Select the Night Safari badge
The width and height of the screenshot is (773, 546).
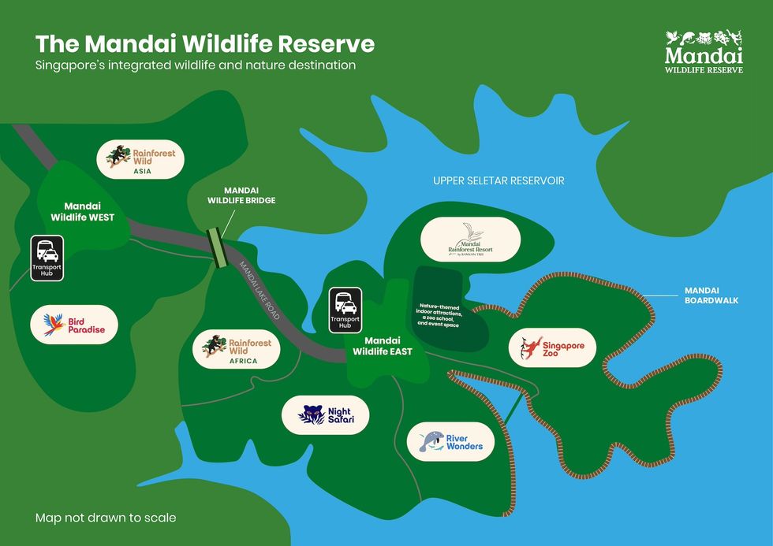click(325, 415)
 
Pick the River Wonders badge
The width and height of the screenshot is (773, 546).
click(450, 441)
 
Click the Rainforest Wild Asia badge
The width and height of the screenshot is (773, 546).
click(141, 158)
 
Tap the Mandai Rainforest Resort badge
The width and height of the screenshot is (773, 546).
click(470, 240)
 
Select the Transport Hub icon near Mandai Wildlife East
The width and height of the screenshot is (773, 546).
click(345, 309)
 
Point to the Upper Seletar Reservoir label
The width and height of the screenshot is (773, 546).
click(499, 180)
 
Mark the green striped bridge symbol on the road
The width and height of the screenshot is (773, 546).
click(216, 247)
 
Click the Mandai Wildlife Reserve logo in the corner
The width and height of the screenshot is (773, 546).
click(704, 52)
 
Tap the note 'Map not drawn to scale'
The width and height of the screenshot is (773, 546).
click(106, 518)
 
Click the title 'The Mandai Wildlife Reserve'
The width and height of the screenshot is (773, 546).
click(205, 43)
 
